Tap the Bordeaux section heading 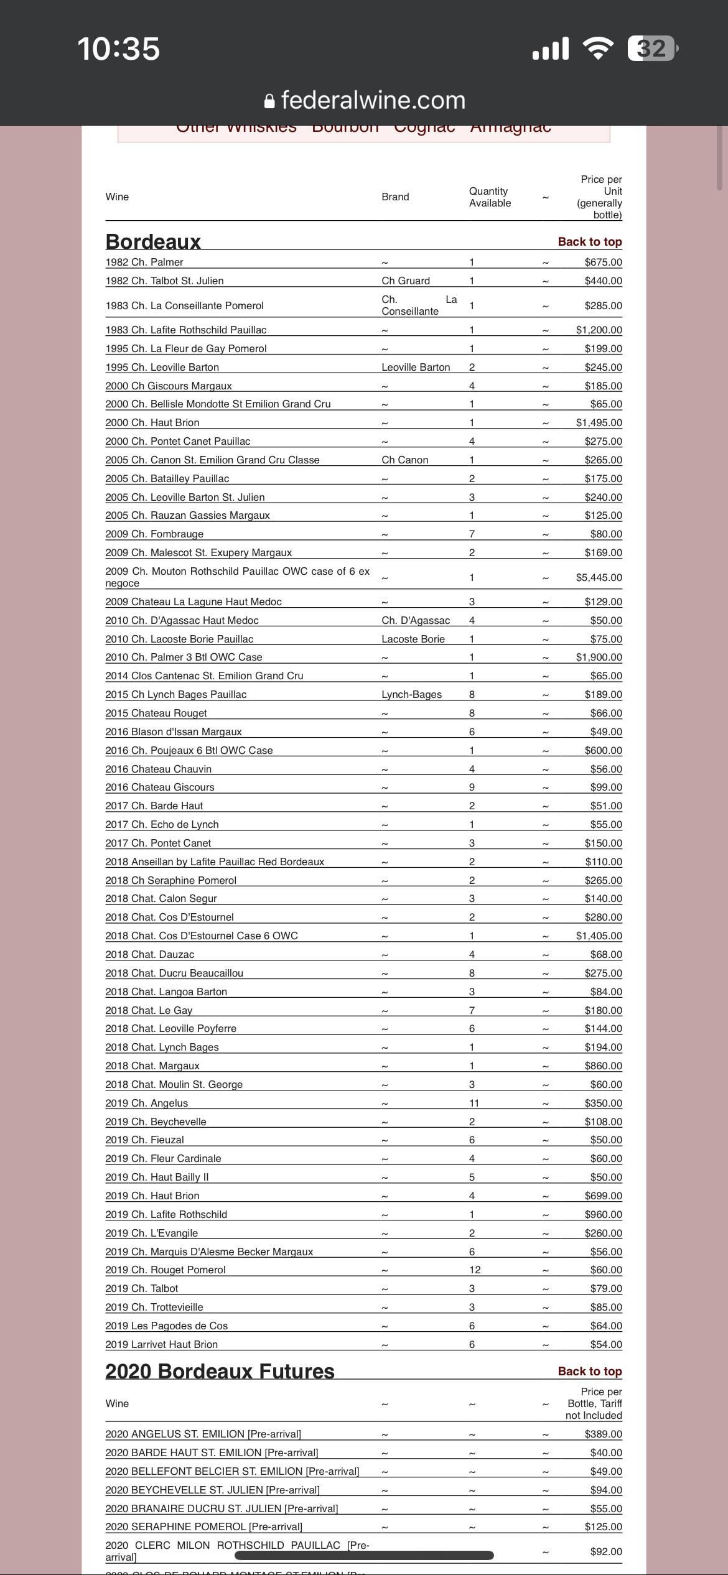pyautogui.click(x=153, y=241)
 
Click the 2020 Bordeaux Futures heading pyautogui.click(x=220, y=1371)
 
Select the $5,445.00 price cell pyautogui.click(x=599, y=577)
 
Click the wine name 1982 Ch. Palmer pyautogui.click(x=144, y=262)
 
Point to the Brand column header pyautogui.click(x=395, y=197)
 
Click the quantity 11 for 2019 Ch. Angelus pyautogui.click(x=474, y=1103)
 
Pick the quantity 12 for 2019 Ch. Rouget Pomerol pyautogui.click(x=474, y=1270)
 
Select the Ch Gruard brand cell pyautogui.click(x=406, y=281)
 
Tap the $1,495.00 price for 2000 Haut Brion pyautogui.click(x=599, y=422)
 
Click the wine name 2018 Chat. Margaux pyautogui.click(x=152, y=1066)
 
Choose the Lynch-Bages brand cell pyautogui.click(x=411, y=694)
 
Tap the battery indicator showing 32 pyautogui.click(x=651, y=49)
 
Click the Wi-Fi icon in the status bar pyautogui.click(x=597, y=49)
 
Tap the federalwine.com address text pyautogui.click(x=373, y=100)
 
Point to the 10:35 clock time pyautogui.click(x=118, y=49)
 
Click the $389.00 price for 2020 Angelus pyautogui.click(x=603, y=1434)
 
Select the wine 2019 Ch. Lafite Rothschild pyautogui.click(x=166, y=1214)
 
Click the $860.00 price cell pyautogui.click(x=603, y=1066)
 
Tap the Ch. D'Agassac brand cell pyautogui.click(x=416, y=620)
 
